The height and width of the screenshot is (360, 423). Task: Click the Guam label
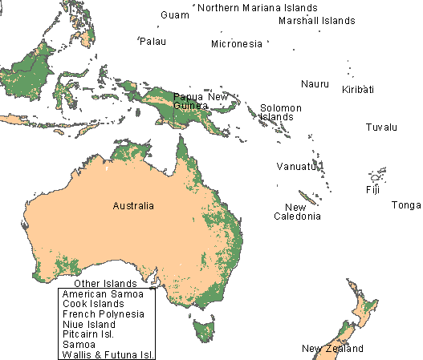[174, 15]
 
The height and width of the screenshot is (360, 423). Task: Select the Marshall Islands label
[316, 21]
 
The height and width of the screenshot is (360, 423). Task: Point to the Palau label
[153, 41]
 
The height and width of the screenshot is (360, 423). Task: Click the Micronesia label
[236, 44]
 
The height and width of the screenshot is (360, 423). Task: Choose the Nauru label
[315, 84]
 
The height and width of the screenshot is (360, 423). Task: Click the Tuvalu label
[381, 127]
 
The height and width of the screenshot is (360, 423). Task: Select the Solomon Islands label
[280, 112]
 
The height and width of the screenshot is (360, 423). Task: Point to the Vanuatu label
[293, 166]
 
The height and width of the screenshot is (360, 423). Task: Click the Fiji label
[372, 190]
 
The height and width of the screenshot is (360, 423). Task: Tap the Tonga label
[405, 205]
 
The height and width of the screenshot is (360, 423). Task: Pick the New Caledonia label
[297, 212]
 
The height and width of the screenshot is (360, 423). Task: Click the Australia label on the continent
[133, 206]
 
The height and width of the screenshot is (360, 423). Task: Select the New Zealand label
[332, 349]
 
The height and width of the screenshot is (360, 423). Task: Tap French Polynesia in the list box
[103, 314]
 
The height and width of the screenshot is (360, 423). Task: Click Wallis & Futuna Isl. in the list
[108, 354]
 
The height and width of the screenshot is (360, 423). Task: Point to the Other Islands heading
[104, 284]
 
